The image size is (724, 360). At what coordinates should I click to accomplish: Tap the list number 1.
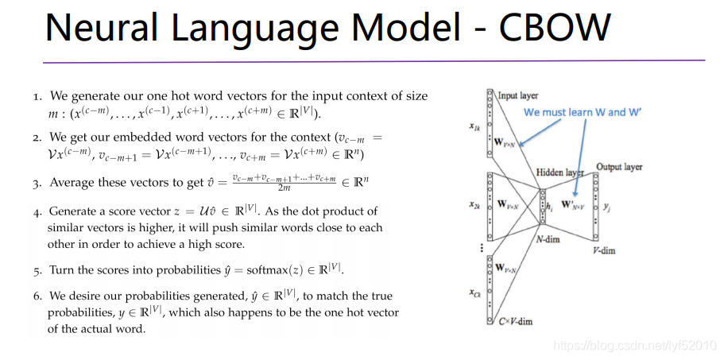coord(37,97)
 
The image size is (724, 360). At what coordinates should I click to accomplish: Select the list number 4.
coord(37,212)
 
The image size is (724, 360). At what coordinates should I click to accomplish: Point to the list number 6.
coord(37,296)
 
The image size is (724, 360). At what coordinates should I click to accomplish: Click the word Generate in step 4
coord(74,212)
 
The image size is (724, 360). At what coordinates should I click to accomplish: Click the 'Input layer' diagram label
coord(517,96)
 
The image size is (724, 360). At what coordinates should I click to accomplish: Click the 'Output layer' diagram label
coord(619,167)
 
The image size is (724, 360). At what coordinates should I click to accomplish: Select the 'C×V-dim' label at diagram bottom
coord(516,320)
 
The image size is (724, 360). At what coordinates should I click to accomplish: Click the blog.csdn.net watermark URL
coord(635,346)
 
